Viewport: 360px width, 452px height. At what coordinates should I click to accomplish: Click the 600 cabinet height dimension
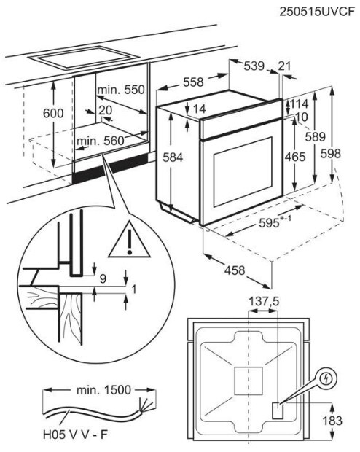53,113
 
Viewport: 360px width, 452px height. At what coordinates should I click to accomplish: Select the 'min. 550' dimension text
121,90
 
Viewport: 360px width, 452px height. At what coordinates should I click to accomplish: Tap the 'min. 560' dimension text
101,141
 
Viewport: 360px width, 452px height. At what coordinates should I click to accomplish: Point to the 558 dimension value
193,82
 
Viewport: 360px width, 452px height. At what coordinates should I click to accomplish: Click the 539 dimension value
254,66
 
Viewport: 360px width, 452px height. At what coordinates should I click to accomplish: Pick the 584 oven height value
173,157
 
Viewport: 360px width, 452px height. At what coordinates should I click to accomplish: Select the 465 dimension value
295,157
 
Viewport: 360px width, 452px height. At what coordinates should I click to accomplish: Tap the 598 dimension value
331,153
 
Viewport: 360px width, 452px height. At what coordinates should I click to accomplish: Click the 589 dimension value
316,136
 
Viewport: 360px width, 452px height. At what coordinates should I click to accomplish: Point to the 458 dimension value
235,270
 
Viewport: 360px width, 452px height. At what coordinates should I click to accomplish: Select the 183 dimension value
332,421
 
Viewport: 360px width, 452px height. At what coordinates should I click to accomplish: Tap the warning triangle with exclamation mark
130,240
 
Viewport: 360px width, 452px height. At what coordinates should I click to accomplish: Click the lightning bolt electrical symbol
326,378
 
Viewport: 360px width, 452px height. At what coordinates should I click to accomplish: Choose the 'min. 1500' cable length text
103,390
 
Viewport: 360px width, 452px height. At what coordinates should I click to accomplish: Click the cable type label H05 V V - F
75,435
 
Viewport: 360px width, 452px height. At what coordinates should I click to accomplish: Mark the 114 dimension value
300,104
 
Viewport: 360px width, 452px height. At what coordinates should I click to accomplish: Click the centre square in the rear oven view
249,381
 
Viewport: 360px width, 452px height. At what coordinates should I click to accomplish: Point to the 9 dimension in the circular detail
103,278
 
